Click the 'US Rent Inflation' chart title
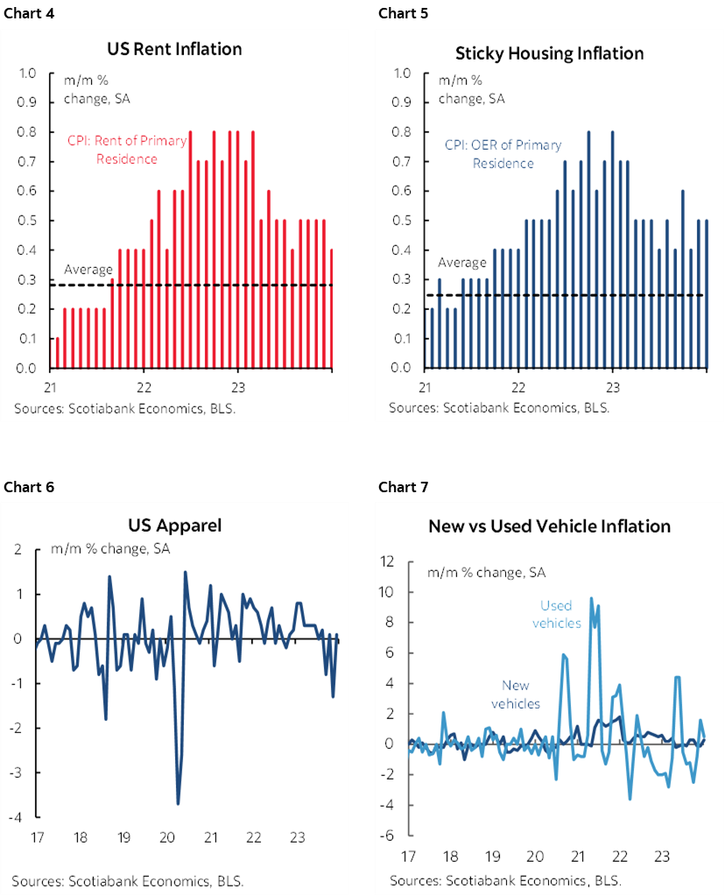pyautogui.click(x=175, y=50)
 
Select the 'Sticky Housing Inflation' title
pyautogui.click(x=549, y=53)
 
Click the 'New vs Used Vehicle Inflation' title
pyautogui.click(x=549, y=526)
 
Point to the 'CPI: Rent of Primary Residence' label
pyautogui.click(x=127, y=150)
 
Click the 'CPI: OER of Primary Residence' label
pyautogui.click(x=503, y=154)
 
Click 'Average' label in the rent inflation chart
pyautogui.click(x=88, y=269)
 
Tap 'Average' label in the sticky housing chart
pyautogui.click(x=461, y=263)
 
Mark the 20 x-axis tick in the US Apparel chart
pyautogui.click(x=166, y=838)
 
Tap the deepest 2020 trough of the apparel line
pyautogui.click(x=178, y=803)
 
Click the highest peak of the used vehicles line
pyautogui.click(x=592, y=598)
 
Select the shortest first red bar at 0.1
pyautogui.click(x=58, y=352)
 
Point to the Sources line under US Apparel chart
pyautogui.click(x=128, y=879)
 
